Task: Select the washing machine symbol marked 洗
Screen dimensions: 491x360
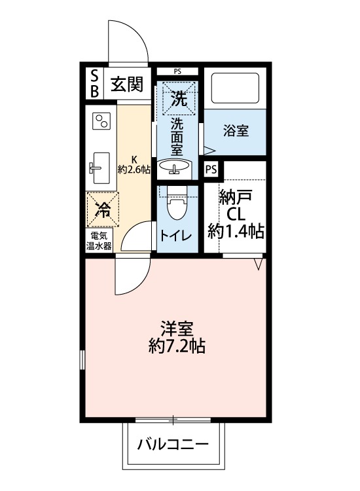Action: (x=179, y=99)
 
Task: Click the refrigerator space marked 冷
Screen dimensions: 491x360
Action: (x=102, y=209)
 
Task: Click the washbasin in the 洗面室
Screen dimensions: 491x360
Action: (x=175, y=168)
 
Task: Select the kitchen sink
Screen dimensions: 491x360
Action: (x=101, y=168)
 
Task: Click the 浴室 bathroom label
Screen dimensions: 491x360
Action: (x=236, y=130)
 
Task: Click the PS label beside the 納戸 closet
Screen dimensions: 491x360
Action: (x=211, y=170)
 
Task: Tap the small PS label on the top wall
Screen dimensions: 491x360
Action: (x=177, y=71)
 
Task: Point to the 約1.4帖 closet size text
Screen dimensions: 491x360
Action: (x=236, y=230)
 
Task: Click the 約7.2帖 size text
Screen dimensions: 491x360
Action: (x=177, y=346)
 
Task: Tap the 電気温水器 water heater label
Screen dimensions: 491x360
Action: (x=99, y=240)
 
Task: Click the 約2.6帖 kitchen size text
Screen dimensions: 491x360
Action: (x=134, y=169)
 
